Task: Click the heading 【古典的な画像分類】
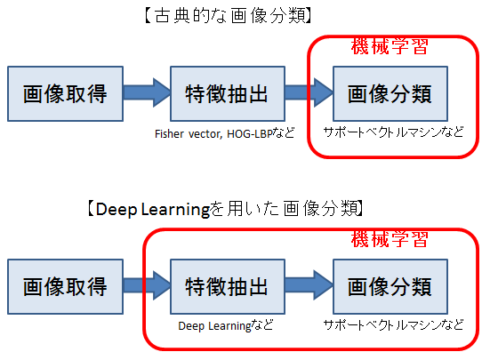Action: click(x=229, y=16)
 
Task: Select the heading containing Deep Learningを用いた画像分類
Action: click(x=225, y=209)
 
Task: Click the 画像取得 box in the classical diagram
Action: click(x=65, y=93)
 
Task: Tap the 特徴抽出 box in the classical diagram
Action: click(x=228, y=93)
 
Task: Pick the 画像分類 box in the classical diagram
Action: click(x=390, y=93)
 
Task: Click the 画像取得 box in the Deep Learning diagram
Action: click(x=65, y=286)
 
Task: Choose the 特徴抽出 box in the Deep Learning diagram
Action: click(x=228, y=286)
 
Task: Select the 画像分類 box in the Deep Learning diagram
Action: click(x=390, y=286)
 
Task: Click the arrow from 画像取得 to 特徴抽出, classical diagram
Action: click(x=147, y=92)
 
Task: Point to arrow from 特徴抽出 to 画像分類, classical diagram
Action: click(x=309, y=92)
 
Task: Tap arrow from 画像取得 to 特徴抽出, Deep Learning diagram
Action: click(x=147, y=285)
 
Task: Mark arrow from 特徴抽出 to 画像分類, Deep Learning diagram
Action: click(x=309, y=285)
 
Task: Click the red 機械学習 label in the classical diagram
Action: click(x=390, y=46)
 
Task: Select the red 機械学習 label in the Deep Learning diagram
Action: click(x=390, y=239)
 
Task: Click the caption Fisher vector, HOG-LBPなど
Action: click(x=225, y=133)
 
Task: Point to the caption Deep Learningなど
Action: click(x=226, y=325)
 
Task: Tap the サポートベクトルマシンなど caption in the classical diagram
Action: click(x=393, y=132)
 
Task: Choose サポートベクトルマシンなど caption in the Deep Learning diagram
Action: click(x=393, y=325)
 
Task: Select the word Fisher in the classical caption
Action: click(x=169, y=133)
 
